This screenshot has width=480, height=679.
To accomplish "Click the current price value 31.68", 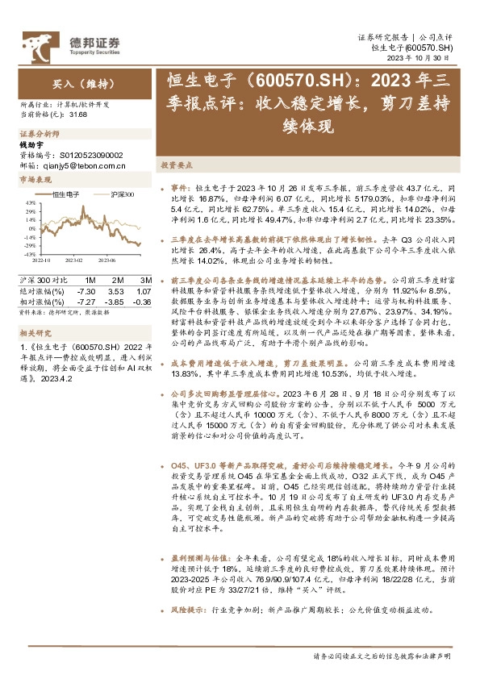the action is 79,114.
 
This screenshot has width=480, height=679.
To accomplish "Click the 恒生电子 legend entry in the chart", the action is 65,195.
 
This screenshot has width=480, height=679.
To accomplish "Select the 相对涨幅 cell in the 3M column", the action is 142,302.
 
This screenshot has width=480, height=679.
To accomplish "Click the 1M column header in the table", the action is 90,280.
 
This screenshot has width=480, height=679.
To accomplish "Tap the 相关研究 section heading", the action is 33,331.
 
